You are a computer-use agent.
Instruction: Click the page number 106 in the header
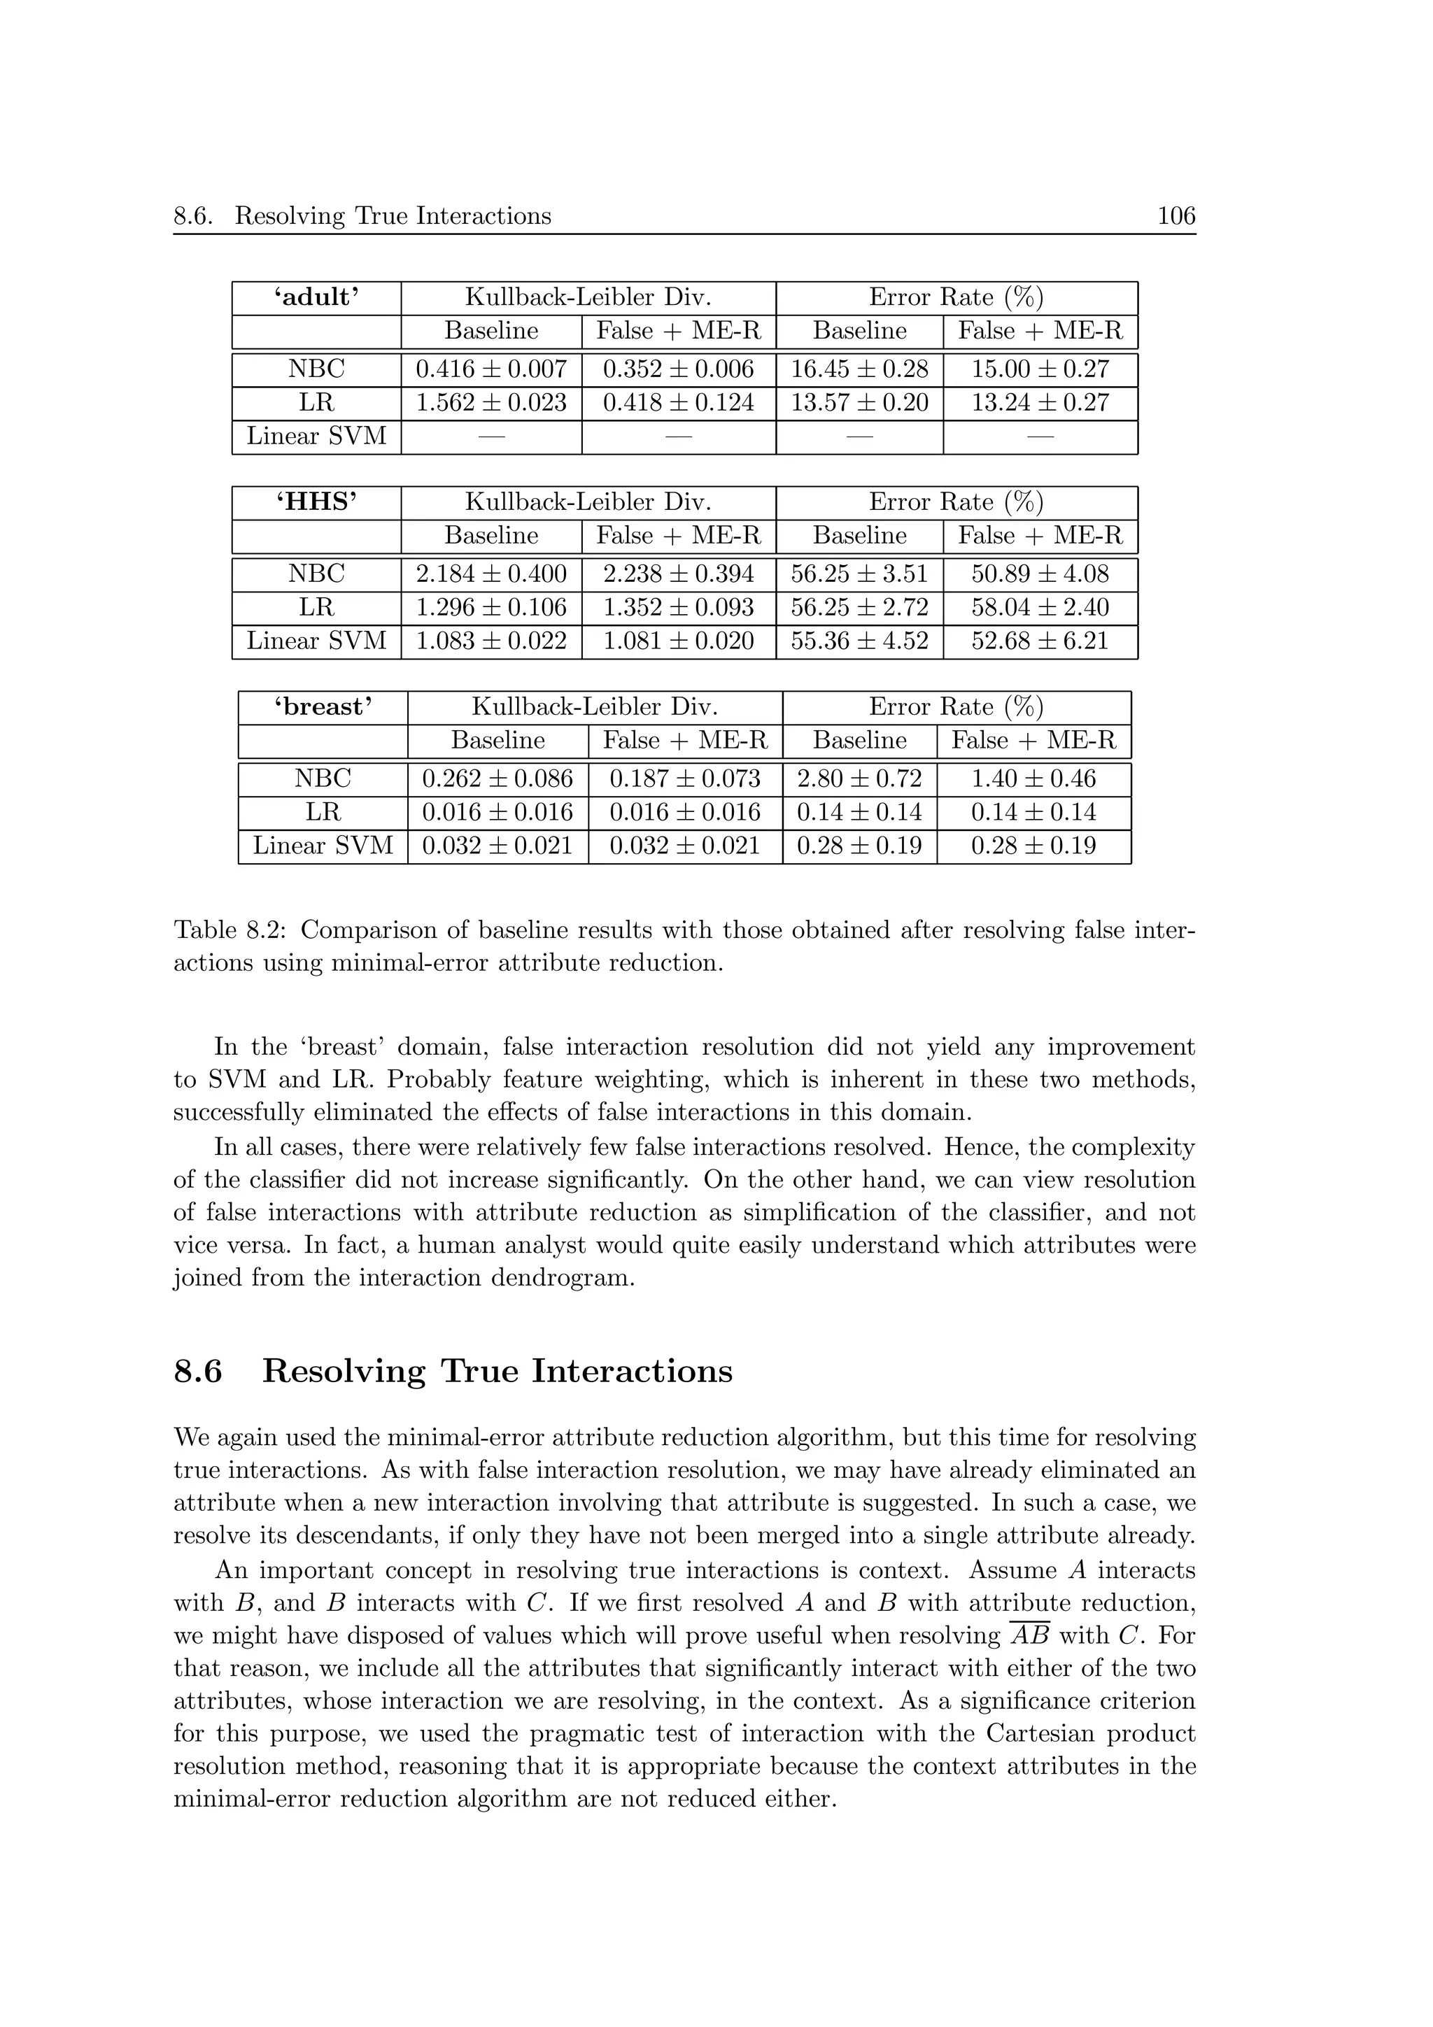pos(1176,215)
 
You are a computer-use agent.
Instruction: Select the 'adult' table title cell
pos(316,297)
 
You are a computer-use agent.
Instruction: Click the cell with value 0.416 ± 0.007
pos(491,369)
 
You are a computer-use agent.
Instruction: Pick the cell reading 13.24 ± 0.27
pos(1039,403)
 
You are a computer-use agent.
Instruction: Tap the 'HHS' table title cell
pos(316,502)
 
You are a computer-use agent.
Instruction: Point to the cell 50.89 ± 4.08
pos(1039,574)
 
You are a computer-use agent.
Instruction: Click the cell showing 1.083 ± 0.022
pos(491,641)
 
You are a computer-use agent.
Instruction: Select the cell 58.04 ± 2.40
pos(1039,607)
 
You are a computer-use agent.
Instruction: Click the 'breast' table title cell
pos(323,707)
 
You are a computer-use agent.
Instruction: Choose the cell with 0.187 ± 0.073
pos(684,778)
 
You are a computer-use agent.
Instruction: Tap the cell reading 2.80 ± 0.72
pos(859,778)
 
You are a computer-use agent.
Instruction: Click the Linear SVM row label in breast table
pos(323,846)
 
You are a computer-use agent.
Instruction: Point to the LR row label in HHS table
pos(316,607)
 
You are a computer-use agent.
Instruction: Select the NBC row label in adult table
pos(316,369)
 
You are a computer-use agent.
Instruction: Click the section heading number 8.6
pos(198,1371)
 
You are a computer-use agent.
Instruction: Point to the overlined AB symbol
pos(1029,1636)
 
